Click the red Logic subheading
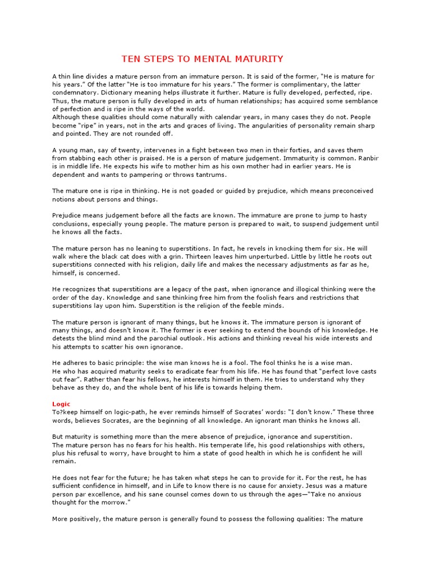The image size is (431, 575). pyautogui.click(x=61, y=404)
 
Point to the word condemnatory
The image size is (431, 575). pyautogui.click(x=75, y=92)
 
